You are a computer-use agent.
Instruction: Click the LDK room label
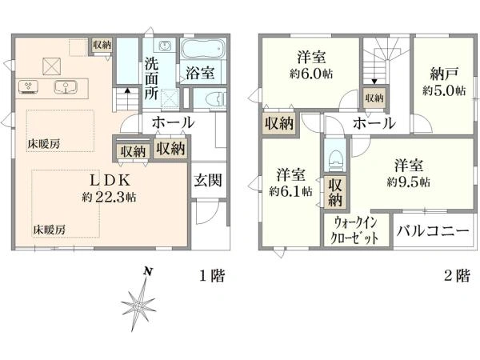pos(110,181)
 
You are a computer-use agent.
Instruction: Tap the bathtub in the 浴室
pos(202,48)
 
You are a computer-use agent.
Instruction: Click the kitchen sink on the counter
pos(66,87)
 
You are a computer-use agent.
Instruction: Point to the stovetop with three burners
pos(29,86)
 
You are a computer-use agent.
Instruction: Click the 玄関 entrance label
pos(208,180)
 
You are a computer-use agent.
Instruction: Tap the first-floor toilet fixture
pos(216,99)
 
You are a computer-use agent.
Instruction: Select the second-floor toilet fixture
pos(335,159)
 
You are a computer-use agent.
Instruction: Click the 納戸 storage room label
pos(444,74)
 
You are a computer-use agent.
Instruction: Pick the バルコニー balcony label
pos(433,230)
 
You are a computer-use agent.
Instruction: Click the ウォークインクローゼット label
pos(355,230)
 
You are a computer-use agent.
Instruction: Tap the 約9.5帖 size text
pos(408,182)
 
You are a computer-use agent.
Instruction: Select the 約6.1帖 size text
pos(291,191)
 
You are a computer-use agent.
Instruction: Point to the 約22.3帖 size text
pos(110,197)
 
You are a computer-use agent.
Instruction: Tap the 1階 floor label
pos(213,275)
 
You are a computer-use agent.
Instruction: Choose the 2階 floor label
pos(457,275)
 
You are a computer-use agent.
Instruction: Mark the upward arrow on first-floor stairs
pos(127,92)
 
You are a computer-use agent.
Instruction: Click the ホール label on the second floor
pos(374,123)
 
